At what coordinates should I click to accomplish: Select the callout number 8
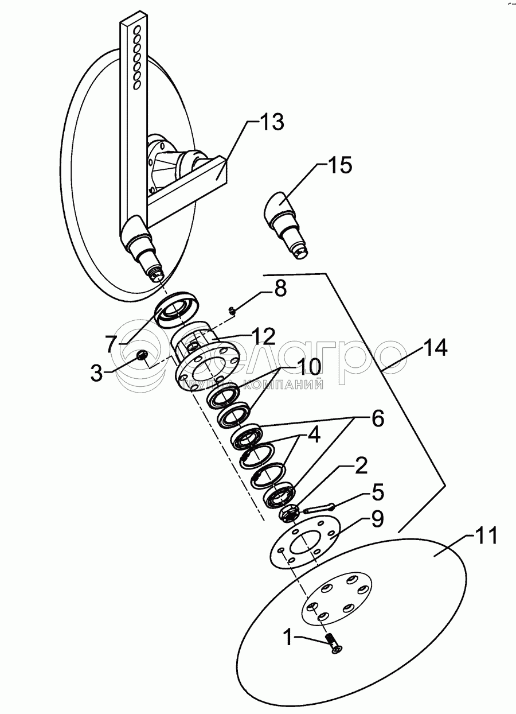[x=280, y=289]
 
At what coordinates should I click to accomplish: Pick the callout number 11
[x=486, y=537]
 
